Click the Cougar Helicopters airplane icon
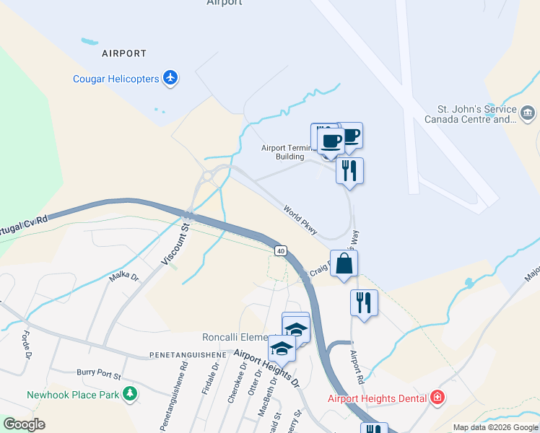coord(170,77)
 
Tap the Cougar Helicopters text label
coord(116,79)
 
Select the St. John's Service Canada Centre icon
coord(527,113)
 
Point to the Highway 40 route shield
coord(280,250)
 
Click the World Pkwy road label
coord(301,220)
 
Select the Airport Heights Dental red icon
coord(436,397)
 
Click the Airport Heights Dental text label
coord(378,398)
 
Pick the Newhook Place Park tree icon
coord(129,394)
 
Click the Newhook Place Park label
coord(72,395)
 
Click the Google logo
coord(24,424)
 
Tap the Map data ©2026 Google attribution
coord(495,427)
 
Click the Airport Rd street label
coord(356,367)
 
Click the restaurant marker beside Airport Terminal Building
coord(349,171)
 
